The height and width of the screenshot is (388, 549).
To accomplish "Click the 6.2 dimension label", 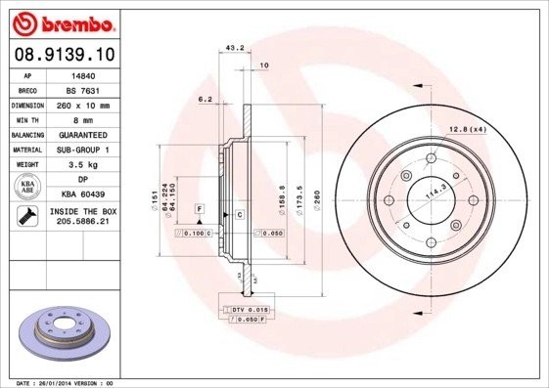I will click(x=206, y=99).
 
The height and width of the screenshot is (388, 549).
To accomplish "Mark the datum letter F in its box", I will click(x=199, y=209).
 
